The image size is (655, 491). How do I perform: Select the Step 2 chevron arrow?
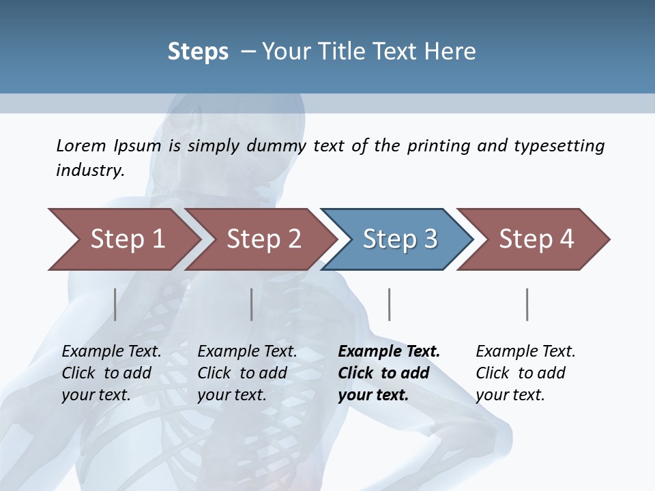point(263,239)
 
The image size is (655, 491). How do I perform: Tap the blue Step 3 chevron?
point(400,239)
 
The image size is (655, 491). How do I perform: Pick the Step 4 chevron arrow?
point(536,239)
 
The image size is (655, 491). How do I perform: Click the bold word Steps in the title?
point(198,52)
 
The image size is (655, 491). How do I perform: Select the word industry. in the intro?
point(91,170)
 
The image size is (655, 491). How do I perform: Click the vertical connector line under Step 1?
point(115,304)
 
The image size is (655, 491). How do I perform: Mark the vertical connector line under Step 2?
point(252,304)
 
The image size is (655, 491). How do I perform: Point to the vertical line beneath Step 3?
point(389,304)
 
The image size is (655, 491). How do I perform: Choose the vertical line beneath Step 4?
point(527,304)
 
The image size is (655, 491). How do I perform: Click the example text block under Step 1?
point(111,373)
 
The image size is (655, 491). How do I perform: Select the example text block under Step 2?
point(247,373)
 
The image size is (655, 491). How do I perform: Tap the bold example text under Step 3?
point(389,373)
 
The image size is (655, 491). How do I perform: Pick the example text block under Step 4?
point(525,373)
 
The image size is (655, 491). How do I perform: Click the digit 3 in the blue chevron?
point(431,239)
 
